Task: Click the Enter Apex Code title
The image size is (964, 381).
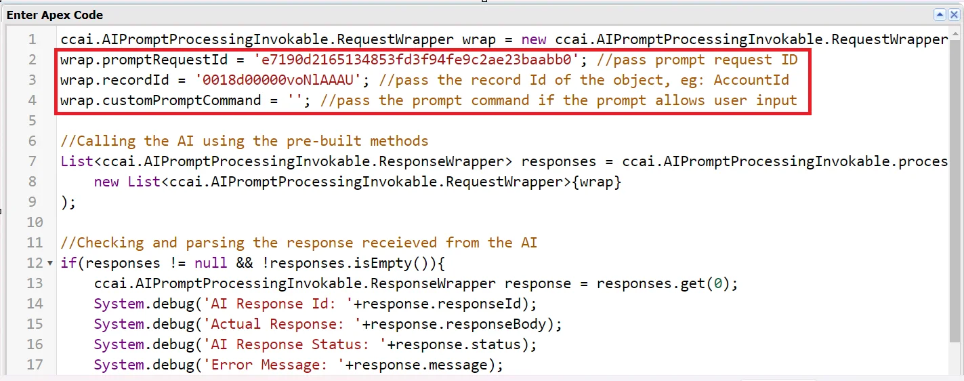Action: (x=55, y=14)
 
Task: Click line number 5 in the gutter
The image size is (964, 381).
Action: (x=32, y=121)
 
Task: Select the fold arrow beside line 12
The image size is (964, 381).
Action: (x=50, y=263)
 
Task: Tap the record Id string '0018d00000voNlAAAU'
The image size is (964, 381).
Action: (x=278, y=80)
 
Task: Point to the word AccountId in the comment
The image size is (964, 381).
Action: (x=751, y=80)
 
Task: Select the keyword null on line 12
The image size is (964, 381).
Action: (x=211, y=263)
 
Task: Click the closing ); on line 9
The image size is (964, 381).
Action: (x=68, y=202)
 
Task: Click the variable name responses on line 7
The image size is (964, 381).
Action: (x=559, y=161)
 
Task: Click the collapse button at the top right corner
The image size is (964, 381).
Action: (x=940, y=14)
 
